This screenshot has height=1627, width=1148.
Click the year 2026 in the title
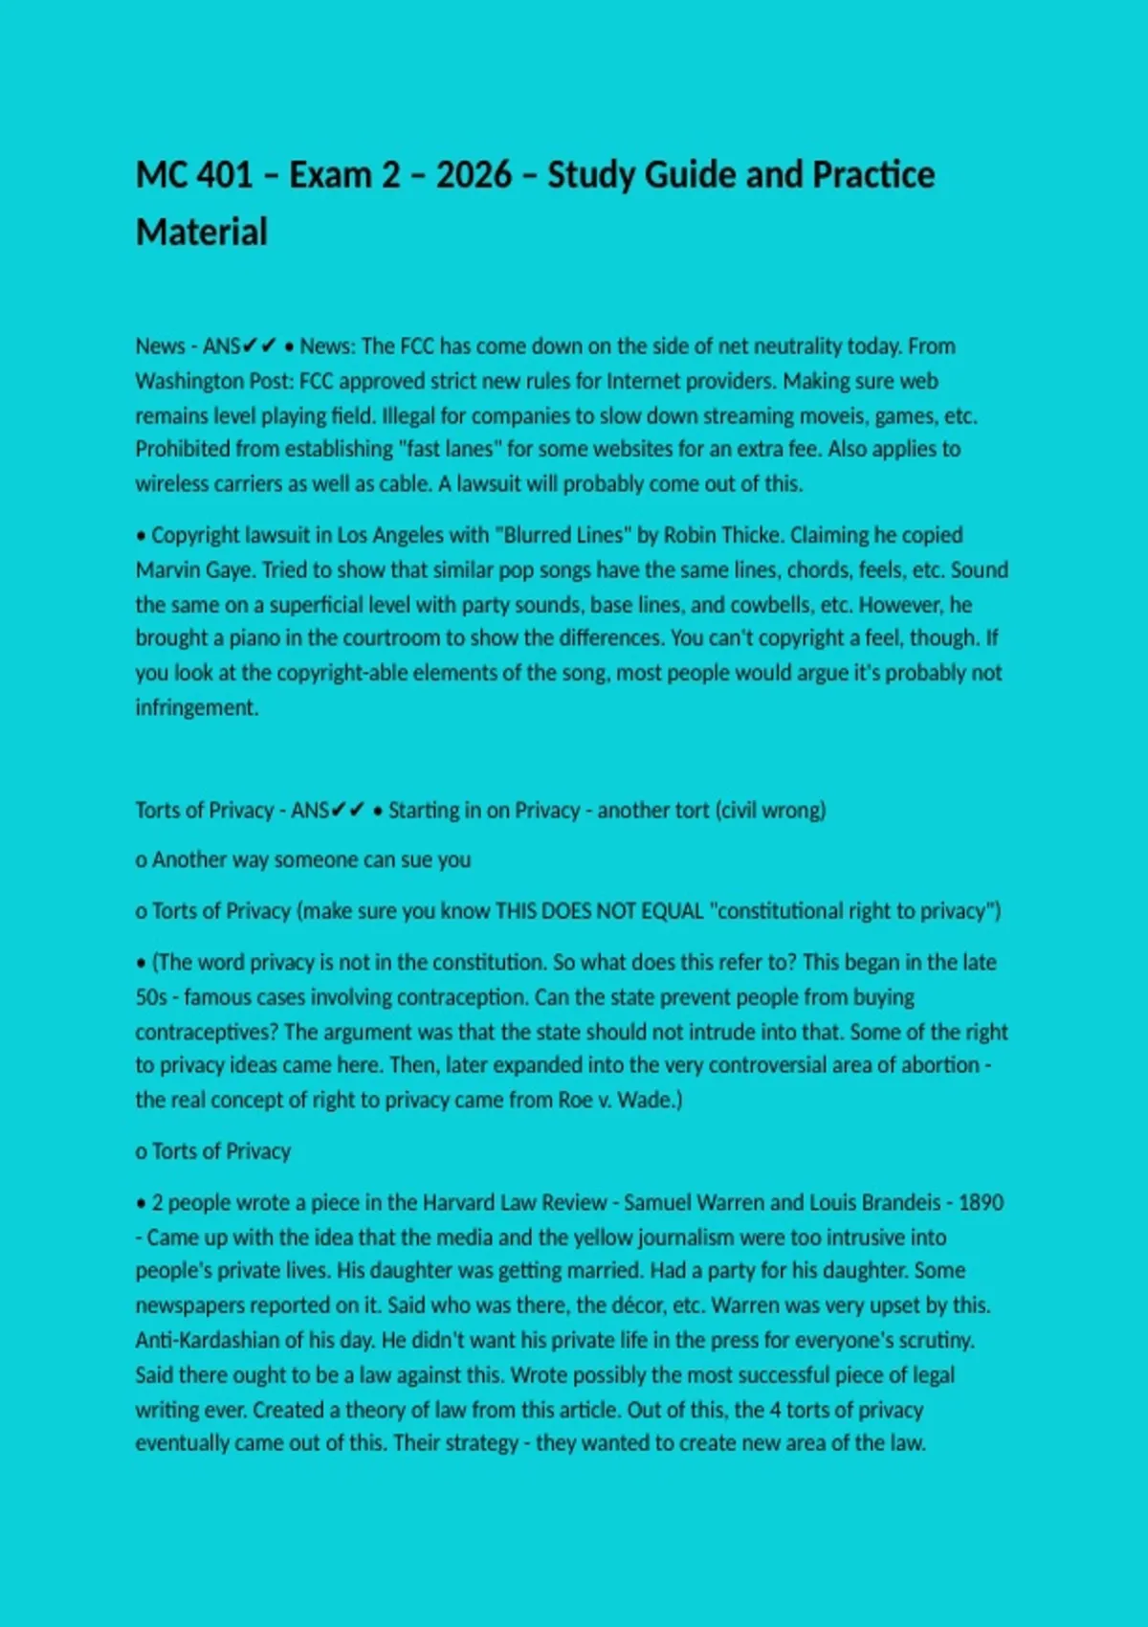pos(474,175)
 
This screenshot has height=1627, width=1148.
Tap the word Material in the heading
pos(202,233)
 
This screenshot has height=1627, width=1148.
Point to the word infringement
pos(196,708)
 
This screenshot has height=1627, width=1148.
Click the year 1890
pos(981,1203)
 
